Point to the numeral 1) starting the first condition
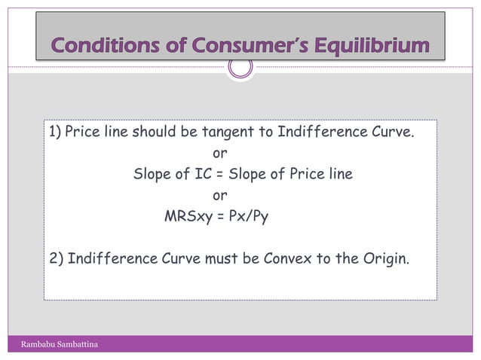[x=55, y=134]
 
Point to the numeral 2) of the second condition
[x=56, y=261]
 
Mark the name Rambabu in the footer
[x=41, y=345]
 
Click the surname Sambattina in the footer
[x=83, y=345]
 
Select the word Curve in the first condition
[x=393, y=134]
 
